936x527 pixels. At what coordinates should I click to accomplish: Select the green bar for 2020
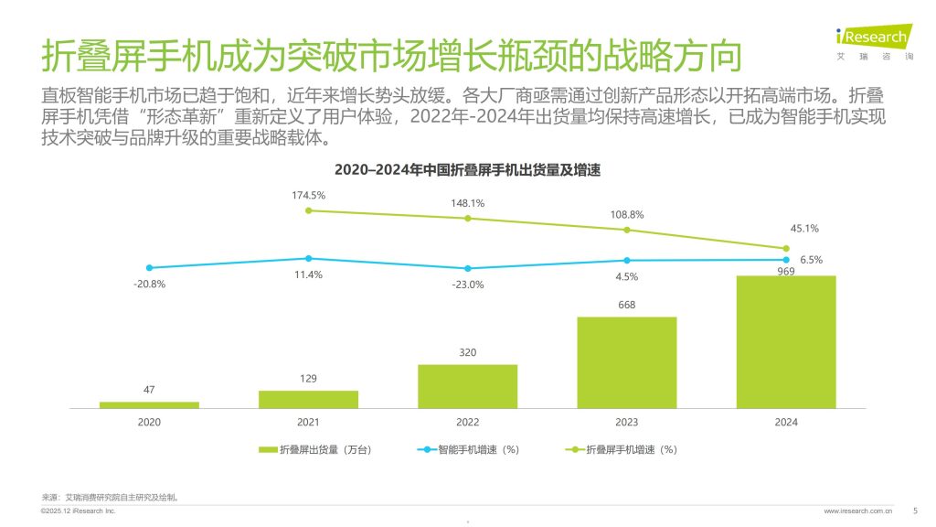149,404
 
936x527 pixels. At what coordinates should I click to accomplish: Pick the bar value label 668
626,306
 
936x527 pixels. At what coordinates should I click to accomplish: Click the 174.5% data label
308,195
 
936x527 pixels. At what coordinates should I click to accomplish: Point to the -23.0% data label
467,285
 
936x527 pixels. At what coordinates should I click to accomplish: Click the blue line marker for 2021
308,259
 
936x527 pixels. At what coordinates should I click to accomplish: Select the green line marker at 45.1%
786,249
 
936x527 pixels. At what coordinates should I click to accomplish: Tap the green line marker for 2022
467,218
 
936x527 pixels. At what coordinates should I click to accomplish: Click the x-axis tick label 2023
626,422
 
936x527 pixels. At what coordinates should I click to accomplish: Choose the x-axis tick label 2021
308,422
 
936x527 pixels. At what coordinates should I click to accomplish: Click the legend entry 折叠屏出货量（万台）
315,450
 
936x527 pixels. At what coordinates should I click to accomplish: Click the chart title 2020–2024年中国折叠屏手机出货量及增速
467,170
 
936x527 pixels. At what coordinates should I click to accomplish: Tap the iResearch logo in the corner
873,40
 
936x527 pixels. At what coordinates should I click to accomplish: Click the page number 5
916,511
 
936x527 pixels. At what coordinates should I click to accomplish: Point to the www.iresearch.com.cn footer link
858,511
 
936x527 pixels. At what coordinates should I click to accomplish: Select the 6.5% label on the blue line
812,260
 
